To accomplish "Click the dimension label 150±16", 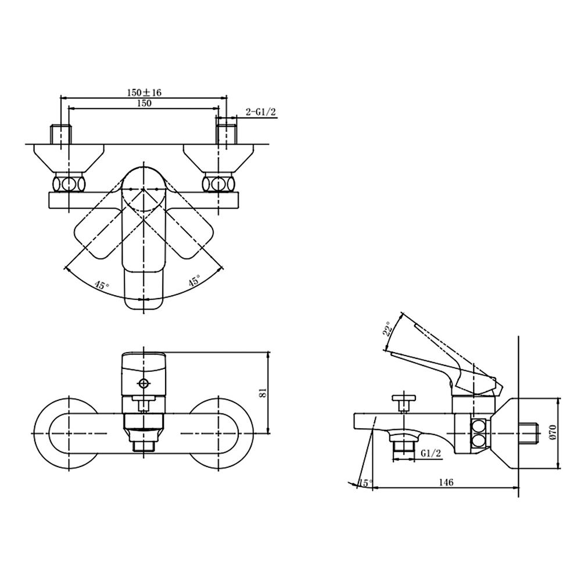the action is pos(144,92).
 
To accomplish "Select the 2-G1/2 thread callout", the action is pos(261,112).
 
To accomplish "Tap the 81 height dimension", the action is pos(263,393).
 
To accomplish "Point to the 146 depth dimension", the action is pos(446,482).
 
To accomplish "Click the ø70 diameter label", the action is pos(553,432).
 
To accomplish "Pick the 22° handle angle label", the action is pos(388,328).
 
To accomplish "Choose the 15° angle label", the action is pos(366,483).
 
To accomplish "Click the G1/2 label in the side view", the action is pos(431,453).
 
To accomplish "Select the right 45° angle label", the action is pos(195,280).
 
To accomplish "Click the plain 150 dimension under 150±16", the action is pos(144,103).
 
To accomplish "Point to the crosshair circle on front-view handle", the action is pos(144,383).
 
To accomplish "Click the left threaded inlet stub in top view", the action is pos(60,134).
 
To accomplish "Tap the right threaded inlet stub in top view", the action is pos(227,134).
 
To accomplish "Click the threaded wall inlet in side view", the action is pos(528,433).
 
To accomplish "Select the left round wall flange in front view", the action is pos(69,433).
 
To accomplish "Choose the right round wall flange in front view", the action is pos(219,433).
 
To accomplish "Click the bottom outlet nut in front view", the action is pos(144,444).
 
